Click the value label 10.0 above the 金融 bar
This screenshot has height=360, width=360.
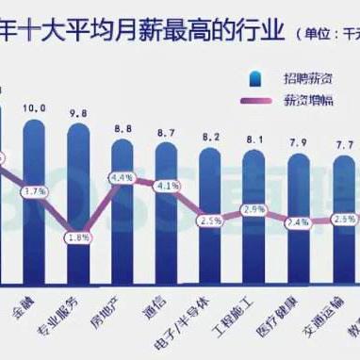click(34, 108)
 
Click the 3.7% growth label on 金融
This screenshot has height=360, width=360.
click(35, 191)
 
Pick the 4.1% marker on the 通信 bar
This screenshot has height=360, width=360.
click(167, 186)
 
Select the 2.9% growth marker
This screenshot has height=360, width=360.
click(253, 210)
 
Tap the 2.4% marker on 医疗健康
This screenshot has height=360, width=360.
click(296, 223)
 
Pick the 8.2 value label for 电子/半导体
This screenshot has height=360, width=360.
click(210, 138)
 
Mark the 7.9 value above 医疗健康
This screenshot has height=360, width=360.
click(296, 143)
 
